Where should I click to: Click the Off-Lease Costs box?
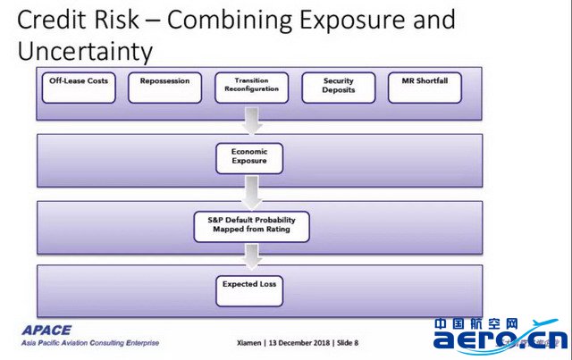tap(79, 88)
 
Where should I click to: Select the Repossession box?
tap(164, 88)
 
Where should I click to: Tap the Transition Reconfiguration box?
tap(252, 88)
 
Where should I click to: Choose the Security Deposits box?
tap(339, 88)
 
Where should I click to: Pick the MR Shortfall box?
tap(425, 88)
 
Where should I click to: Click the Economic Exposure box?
tap(249, 158)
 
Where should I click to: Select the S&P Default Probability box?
tap(252, 227)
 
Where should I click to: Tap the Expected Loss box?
tap(249, 290)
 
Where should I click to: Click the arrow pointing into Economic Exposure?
tap(252, 121)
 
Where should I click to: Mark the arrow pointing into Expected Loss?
tap(252, 257)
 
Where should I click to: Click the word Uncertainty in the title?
tap(85, 52)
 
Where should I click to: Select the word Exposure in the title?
tap(352, 20)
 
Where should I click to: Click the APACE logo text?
tap(46, 331)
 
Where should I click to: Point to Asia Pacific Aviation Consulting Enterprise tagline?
tap(90, 343)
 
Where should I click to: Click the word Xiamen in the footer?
tap(249, 343)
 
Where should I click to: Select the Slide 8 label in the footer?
tap(348, 343)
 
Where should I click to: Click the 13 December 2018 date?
tap(299, 343)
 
